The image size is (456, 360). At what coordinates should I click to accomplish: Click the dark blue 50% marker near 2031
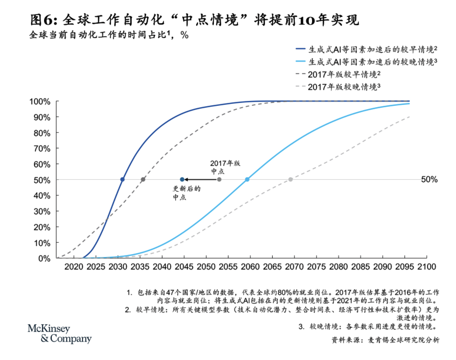(122, 179)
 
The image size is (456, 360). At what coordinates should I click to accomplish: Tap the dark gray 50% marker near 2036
(143, 179)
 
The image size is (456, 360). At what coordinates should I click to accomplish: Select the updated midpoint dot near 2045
(182, 179)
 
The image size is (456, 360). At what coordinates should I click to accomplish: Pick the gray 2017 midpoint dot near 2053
(219, 179)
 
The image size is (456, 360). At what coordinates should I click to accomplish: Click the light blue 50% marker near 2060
(247, 179)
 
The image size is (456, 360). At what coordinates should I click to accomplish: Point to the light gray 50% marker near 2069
(290, 179)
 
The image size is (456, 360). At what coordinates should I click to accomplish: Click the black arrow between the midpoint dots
(201, 179)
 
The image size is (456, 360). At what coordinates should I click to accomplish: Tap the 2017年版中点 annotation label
(225, 167)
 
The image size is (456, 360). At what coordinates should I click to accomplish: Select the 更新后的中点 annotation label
(187, 193)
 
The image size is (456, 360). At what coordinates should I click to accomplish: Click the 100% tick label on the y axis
(40, 102)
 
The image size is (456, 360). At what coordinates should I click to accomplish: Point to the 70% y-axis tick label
(42, 149)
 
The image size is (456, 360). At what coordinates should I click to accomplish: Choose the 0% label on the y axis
(44, 259)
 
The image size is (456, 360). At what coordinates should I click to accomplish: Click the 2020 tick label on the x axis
(74, 267)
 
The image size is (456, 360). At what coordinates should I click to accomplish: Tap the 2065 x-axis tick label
(272, 267)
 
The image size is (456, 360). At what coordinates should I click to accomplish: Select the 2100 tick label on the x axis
(427, 267)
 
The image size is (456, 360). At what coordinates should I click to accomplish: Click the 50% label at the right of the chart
(429, 179)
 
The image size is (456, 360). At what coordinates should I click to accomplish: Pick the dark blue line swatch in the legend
(300, 49)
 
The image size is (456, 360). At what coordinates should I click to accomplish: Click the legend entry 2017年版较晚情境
(344, 87)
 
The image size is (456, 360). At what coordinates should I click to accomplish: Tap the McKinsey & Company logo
(59, 334)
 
